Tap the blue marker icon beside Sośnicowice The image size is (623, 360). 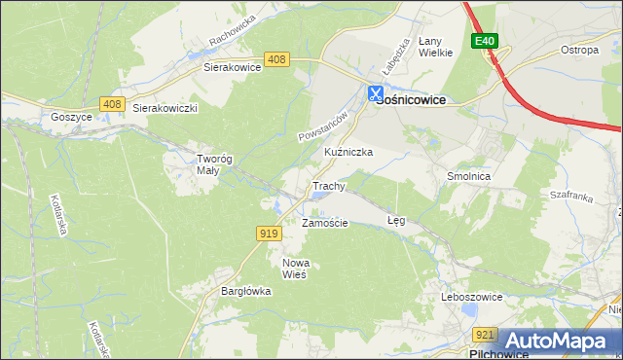375,93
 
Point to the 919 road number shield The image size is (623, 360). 270,233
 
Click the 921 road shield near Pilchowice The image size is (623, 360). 487,335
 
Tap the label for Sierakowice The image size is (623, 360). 232,68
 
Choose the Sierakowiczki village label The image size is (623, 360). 165,108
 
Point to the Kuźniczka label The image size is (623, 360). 348,153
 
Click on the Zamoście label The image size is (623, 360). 325,223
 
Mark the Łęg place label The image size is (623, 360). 396,221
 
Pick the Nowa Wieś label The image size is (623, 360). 294,269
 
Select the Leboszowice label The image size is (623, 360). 471,296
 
